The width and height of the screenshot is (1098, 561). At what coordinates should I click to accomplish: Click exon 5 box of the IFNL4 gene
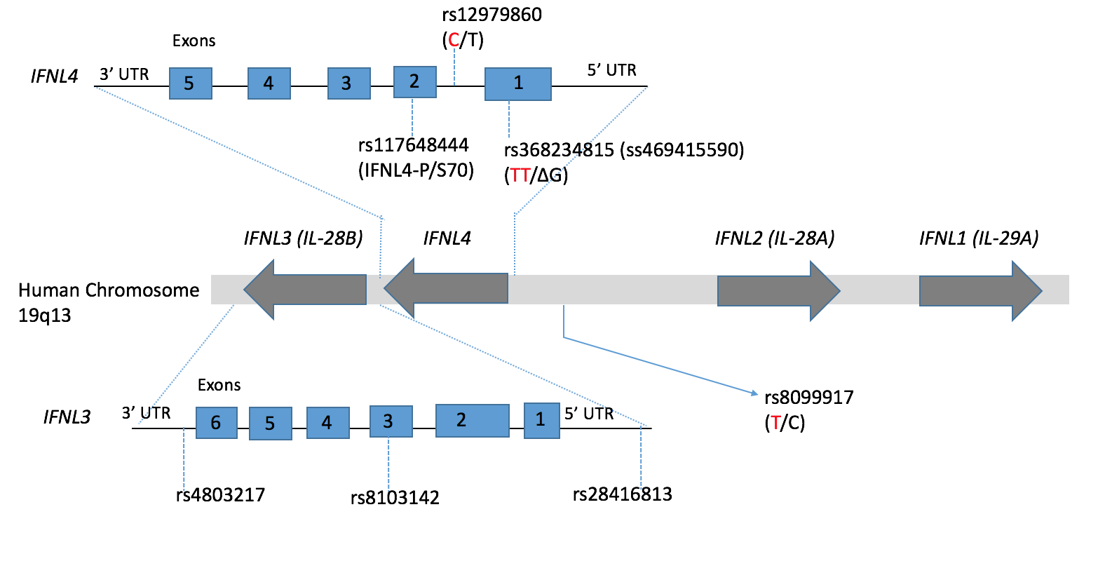(x=191, y=83)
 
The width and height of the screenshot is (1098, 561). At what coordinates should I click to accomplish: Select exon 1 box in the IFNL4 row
(x=518, y=84)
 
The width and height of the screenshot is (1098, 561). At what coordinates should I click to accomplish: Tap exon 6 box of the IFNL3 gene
(x=217, y=423)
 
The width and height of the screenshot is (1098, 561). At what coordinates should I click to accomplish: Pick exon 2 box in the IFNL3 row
(x=473, y=421)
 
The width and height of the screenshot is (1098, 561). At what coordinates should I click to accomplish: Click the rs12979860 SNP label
(x=492, y=15)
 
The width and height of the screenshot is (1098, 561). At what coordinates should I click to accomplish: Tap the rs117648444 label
(x=413, y=145)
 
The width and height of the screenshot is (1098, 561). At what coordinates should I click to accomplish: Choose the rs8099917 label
(x=809, y=398)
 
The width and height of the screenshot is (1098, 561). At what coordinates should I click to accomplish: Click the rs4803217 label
(x=220, y=495)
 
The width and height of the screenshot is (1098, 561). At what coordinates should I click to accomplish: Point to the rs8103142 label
(x=395, y=498)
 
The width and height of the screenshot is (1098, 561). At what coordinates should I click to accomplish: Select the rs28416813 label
(x=623, y=494)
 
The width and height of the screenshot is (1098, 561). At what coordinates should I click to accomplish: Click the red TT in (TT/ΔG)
(x=520, y=175)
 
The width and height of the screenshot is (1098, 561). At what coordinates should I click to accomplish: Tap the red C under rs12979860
(x=454, y=41)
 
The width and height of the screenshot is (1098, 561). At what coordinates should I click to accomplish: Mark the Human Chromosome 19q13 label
(x=109, y=302)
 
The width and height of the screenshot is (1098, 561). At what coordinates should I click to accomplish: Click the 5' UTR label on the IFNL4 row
(x=611, y=70)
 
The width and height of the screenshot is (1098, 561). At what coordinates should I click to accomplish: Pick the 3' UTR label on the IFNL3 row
(x=146, y=413)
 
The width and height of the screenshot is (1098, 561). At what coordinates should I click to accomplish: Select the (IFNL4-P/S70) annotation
(x=416, y=170)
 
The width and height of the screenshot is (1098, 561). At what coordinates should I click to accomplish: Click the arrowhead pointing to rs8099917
(x=754, y=393)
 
